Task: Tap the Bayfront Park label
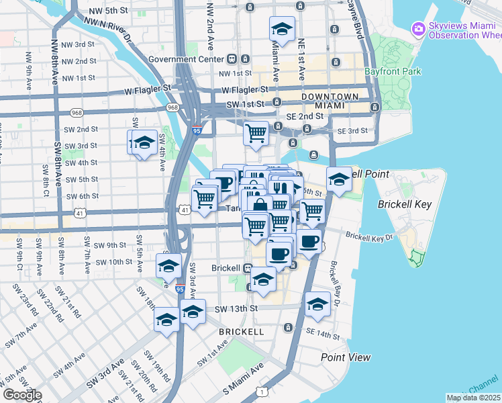tap(392, 71)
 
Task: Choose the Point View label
tap(345, 357)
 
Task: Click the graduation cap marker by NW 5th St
tap(283, 30)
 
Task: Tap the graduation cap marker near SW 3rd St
tap(144, 143)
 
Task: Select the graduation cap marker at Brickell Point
tap(339, 180)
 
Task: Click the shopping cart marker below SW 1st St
tap(256, 134)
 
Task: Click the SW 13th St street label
tap(236, 308)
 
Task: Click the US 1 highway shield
tap(259, 391)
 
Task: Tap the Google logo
tap(22, 395)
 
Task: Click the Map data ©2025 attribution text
tap(473, 398)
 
